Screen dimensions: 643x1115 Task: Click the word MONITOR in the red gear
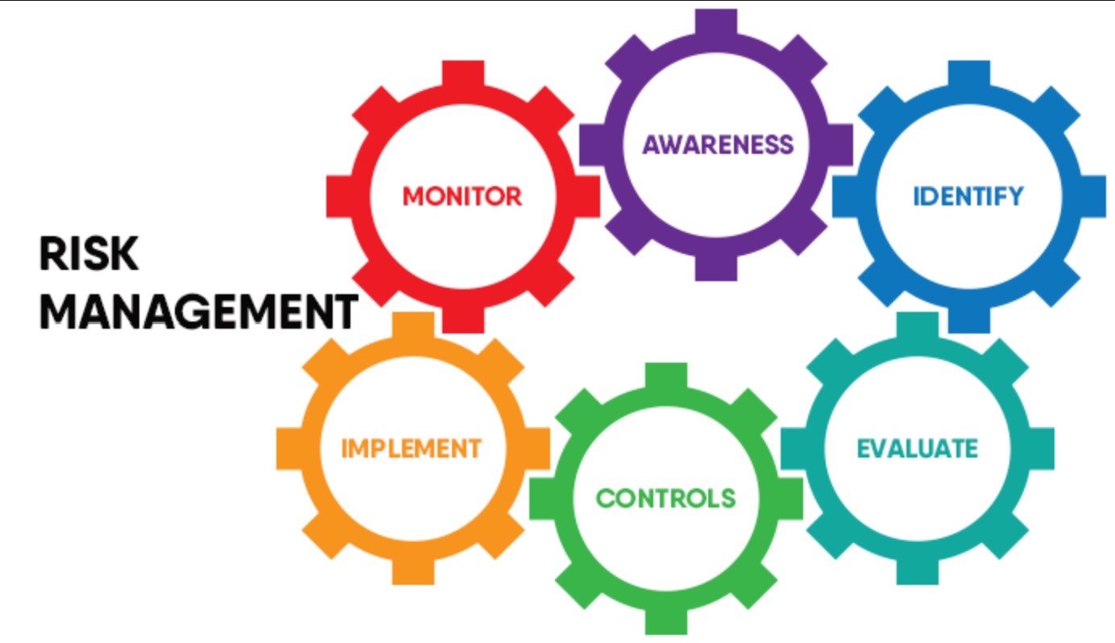(462, 196)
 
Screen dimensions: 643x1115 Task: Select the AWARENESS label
(717, 145)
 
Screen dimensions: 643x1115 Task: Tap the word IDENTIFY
(968, 196)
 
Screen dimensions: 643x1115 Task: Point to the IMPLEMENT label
(411, 448)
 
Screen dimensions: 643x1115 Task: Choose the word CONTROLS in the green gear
(665, 498)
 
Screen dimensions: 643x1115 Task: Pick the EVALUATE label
(917, 448)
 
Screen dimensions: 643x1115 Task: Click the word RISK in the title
(89, 255)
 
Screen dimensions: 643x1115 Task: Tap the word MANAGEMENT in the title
(198, 312)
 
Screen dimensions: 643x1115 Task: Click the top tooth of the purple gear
(716, 22)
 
